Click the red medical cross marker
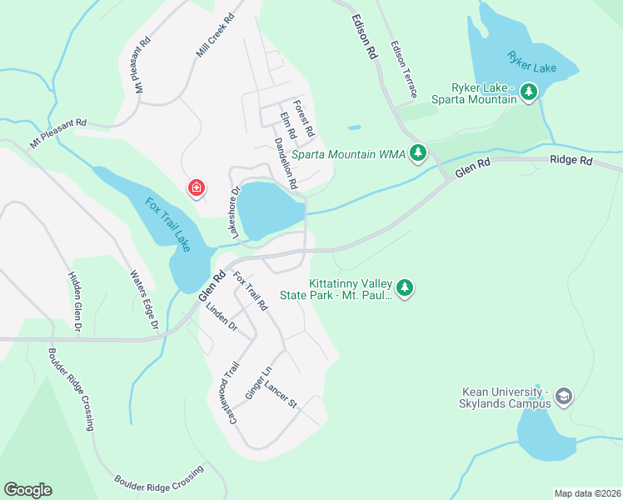coord(197,189)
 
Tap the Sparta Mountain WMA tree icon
coord(418,153)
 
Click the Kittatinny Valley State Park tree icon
coord(405,288)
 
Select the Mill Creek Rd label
coord(215,35)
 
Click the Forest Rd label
coord(304,120)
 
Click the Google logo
coord(27,490)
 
